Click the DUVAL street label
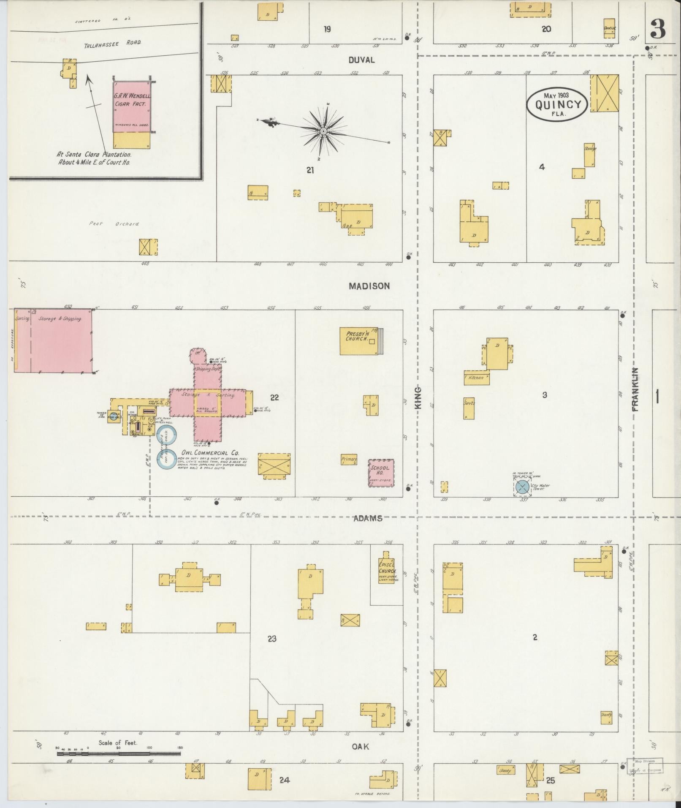coord(361,60)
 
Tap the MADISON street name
coord(369,286)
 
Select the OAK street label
coord(360,747)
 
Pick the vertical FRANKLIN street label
coord(635,389)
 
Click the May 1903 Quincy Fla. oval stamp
coord(556,104)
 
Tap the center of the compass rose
coord(323,132)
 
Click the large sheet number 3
coord(658,28)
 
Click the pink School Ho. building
coord(381,473)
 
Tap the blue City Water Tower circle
coord(523,487)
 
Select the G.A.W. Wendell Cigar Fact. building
coord(131,106)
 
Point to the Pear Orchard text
coord(114,224)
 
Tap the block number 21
coord(310,170)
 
